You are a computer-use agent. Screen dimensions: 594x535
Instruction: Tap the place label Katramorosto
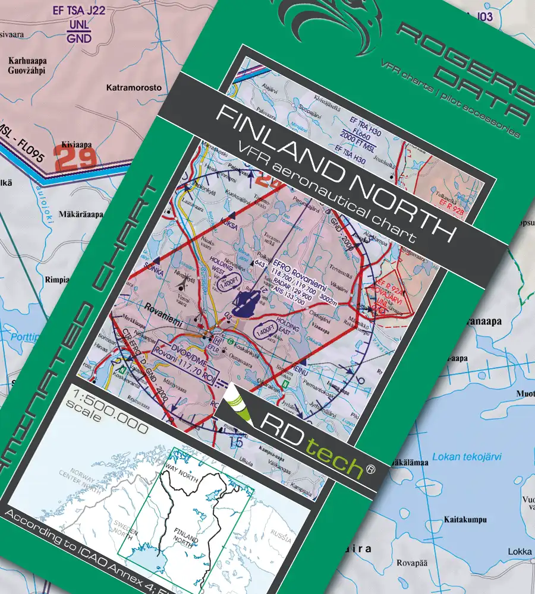[x=134, y=88]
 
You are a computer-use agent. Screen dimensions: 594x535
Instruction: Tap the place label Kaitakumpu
[x=465, y=519]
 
